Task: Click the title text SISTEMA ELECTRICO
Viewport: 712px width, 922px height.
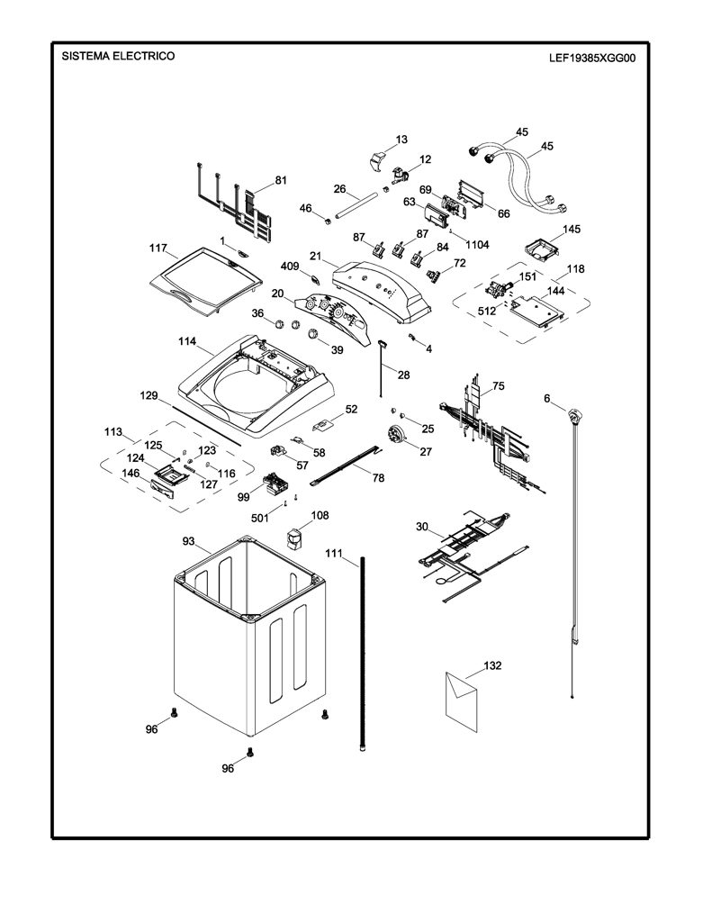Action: pos(118,56)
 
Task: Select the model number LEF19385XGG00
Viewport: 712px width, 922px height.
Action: pos(592,59)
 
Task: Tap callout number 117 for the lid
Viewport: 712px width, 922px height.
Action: pos(158,249)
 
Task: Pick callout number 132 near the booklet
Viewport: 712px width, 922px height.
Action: pos(492,665)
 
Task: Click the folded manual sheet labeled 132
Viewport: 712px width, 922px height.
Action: pos(462,701)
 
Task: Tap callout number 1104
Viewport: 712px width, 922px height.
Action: pos(477,245)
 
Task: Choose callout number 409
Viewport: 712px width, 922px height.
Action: pos(290,267)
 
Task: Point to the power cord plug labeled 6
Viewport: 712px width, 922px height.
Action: pos(574,417)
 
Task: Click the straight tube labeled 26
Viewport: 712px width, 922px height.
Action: pos(356,207)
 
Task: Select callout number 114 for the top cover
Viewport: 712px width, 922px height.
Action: pos(187,341)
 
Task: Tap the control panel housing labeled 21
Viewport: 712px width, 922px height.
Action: pos(381,292)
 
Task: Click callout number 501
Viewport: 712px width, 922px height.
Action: pos(260,518)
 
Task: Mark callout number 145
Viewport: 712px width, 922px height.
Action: pos(572,229)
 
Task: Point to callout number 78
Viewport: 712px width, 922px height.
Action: pos(379,478)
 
